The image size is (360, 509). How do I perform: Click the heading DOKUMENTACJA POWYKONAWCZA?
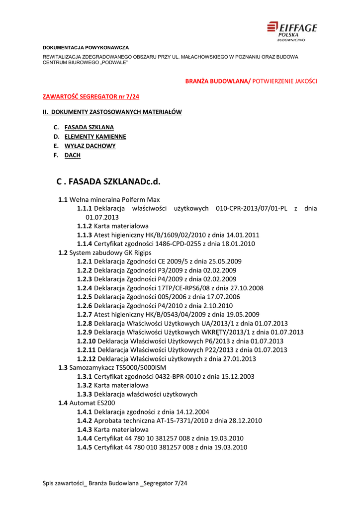click(86, 47)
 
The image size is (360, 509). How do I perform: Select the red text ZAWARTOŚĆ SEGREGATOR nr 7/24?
click(91, 96)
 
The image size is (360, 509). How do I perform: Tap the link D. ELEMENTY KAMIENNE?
click(95, 137)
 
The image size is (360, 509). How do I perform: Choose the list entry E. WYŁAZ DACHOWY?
click(90, 146)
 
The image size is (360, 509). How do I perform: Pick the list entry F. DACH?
click(72, 156)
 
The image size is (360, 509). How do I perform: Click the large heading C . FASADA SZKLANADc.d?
click(109, 181)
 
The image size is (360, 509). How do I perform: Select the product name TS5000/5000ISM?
click(132, 367)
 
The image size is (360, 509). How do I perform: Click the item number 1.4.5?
click(85, 447)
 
